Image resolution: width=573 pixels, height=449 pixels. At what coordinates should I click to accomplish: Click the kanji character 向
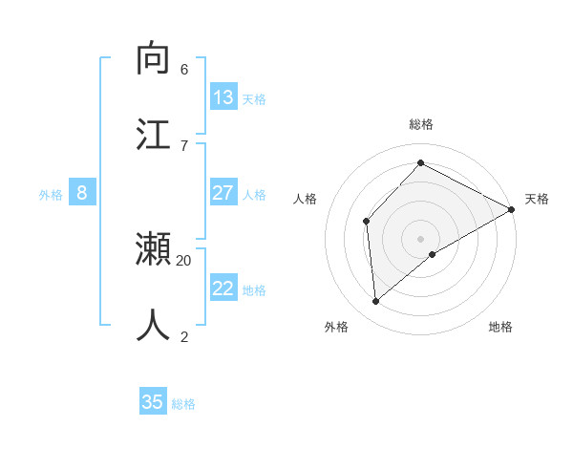tap(153, 58)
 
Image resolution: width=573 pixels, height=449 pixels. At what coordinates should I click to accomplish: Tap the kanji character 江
tap(153, 134)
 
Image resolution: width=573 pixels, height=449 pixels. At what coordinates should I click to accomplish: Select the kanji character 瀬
tap(153, 249)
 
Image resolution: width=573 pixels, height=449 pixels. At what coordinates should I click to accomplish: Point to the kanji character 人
tap(153, 326)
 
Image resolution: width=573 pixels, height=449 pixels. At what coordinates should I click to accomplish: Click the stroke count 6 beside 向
tap(184, 70)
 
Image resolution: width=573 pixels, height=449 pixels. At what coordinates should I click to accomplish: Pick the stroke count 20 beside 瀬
tap(184, 260)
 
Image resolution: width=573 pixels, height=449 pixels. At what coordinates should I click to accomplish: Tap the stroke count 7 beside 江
tap(184, 145)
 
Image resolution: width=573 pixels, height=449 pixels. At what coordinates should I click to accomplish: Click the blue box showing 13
tap(223, 97)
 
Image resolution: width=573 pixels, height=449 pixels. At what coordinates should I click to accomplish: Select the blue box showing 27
tap(223, 193)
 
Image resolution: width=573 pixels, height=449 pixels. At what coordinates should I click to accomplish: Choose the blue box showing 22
tap(223, 289)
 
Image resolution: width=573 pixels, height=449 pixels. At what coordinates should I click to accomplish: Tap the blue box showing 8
tap(82, 193)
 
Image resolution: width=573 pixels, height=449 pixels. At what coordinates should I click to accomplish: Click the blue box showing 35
tap(153, 402)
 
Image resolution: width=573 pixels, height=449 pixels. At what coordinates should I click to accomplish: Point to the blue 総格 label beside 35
tap(183, 404)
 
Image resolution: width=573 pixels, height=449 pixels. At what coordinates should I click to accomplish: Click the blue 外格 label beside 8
tap(51, 195)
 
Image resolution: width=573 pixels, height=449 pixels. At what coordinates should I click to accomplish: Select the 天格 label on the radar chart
tap(537, 199)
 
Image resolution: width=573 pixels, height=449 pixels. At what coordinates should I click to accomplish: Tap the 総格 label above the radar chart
tap(421, 124)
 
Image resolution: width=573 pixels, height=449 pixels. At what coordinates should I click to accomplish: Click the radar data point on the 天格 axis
tap(512, 209)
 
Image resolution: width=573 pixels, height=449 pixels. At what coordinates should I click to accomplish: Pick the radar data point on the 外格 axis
tap(376, 301)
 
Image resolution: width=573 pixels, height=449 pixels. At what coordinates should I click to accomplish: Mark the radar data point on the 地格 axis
tap(433, 254)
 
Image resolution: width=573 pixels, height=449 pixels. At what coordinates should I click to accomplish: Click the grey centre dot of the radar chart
tap(421, 238)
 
